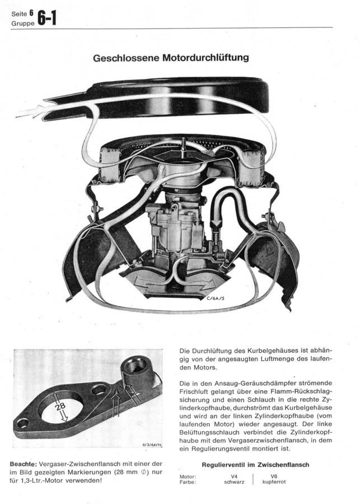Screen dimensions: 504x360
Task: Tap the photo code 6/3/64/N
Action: click(151, 445)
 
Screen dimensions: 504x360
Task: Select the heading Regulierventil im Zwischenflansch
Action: click(256, 464)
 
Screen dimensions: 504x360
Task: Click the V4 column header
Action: click(234, 475)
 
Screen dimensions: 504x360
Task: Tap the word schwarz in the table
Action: click(234, 481)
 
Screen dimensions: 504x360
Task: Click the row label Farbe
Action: click(188, 481)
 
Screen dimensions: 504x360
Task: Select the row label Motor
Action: click(188, 475)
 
